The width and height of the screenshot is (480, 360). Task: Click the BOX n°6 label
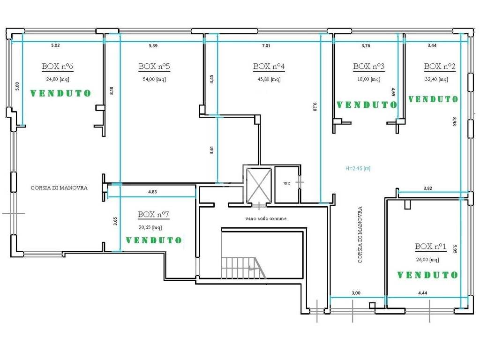point(58,66)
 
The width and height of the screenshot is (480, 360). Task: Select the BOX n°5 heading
point(154,66)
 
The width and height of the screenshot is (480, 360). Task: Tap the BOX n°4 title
point(269,66)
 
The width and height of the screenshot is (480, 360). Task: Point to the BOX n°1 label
point(430,246)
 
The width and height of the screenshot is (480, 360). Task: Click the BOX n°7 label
point(153,214)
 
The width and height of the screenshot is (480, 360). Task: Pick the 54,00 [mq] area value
point(154,79)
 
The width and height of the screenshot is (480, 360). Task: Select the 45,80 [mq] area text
point(269,79)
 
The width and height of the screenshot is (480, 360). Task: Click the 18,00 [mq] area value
point(369,79)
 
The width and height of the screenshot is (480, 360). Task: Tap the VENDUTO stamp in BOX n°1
point(427,275)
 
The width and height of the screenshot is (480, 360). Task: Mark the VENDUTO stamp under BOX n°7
point(154,240)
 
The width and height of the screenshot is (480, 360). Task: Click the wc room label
point(286,183)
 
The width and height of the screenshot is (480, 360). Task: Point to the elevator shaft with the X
point(259,185)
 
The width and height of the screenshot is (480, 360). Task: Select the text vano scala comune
point(266,218)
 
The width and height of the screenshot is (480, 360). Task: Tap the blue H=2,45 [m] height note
point(358,168)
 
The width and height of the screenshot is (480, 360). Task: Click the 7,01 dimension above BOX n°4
point(266,45)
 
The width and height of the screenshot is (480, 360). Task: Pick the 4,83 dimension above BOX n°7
point(152,192)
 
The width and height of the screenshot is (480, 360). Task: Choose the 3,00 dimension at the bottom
point(356,293)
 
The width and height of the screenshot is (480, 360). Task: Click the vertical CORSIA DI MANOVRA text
point(360,235)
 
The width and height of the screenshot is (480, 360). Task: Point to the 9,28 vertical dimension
point(315,106)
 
